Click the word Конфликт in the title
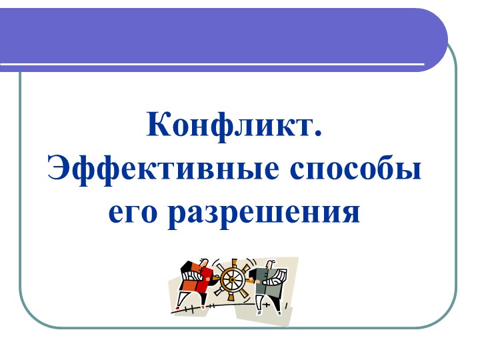(229, 125)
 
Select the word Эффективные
(163, 168)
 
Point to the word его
(132, 212)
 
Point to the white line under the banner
(213, 65)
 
